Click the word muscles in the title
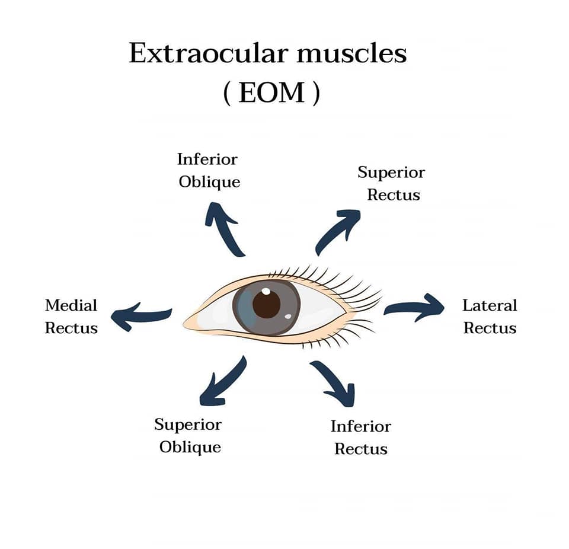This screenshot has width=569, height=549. tap(351, 54)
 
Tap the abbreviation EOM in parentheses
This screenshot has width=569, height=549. tap(271, 94)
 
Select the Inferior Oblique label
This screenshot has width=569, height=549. tap(209, 171)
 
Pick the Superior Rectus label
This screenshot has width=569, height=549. tap(392, 184)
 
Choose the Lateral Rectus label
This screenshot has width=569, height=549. tap(490, 317)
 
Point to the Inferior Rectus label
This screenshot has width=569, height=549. tap(360, 438)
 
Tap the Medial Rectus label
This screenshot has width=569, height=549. tap(71, 317)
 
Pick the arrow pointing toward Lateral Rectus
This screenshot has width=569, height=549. tap(414, 307)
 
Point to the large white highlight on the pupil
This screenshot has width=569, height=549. tap(266, 292)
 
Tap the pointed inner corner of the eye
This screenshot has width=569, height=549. tap(186, 323)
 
